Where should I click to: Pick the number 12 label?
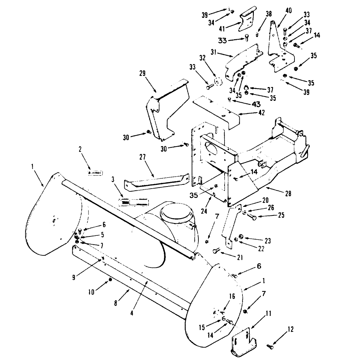[x=291, y=329]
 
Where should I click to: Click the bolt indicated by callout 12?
[x=270, y=346]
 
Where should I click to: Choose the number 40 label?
[x=288, y=11]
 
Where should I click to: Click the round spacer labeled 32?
[x=217, y=82]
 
